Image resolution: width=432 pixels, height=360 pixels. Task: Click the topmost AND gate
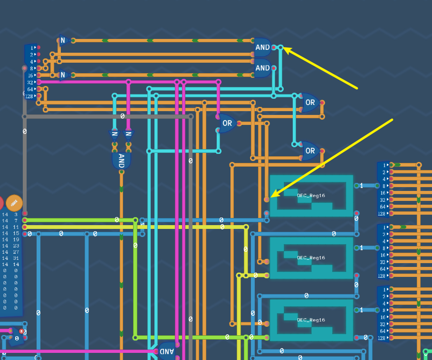click(x=262, y=47)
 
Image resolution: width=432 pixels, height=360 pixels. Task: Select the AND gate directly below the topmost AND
click(x=262, y=68)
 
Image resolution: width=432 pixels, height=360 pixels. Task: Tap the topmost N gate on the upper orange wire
click(x=63, y=40)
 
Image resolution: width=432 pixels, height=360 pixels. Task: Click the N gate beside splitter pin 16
click(x=63, y=75)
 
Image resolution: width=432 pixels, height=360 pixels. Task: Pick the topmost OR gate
click(x=310, y=103)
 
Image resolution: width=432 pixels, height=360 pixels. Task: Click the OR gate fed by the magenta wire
click(x=227, y=123)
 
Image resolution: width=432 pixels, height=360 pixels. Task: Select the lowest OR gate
click(x=310, y=151)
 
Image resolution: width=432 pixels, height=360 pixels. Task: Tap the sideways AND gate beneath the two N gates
click(x=121, y=160)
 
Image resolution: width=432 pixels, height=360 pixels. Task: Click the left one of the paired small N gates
click(x=115, y=134)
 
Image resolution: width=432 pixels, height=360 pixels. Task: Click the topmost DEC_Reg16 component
click(x=311, y=195)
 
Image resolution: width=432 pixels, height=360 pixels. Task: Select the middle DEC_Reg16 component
click(x=311, y=258)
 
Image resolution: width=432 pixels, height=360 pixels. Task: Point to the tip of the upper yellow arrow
click(x=285, y=48)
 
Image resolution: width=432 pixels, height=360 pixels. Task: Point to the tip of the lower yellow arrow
click(x=270, y=197)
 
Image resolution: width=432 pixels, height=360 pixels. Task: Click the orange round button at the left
click(x=14, y=203)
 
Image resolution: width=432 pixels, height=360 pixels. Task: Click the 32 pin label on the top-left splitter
click(x=30, y=82)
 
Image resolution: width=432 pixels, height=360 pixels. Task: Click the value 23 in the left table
click(x=16, y=246)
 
